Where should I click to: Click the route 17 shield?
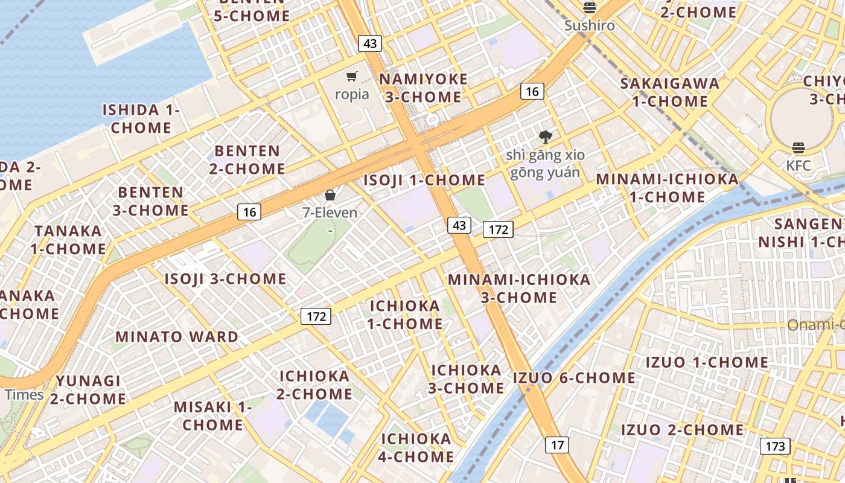tap(556, 445)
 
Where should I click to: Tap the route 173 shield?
tap(774, 446)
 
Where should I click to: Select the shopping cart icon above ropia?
tap(352, 76)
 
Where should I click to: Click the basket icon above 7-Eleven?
tap(330, 195)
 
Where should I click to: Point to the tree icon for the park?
tap(546, 136)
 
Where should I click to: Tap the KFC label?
tap(799, 165)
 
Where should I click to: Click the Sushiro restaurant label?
tap(590, 25)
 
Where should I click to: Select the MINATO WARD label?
tap(177, 336)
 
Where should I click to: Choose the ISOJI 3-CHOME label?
tap(226, 279)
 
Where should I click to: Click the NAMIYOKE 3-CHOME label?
tap(423, 88)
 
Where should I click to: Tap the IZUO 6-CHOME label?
tap(574, 378)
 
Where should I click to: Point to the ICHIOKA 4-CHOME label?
tap(416, 447)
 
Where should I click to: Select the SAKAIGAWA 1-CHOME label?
tap(670, 92)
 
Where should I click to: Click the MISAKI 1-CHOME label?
tap(212, 415)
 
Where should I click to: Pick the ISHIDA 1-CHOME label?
tap(141, 118)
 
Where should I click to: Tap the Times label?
tap(24, 394)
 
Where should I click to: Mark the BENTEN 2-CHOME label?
tap(247, 159)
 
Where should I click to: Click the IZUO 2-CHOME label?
tap(683, 430)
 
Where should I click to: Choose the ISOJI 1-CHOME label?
tap(424, 180)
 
